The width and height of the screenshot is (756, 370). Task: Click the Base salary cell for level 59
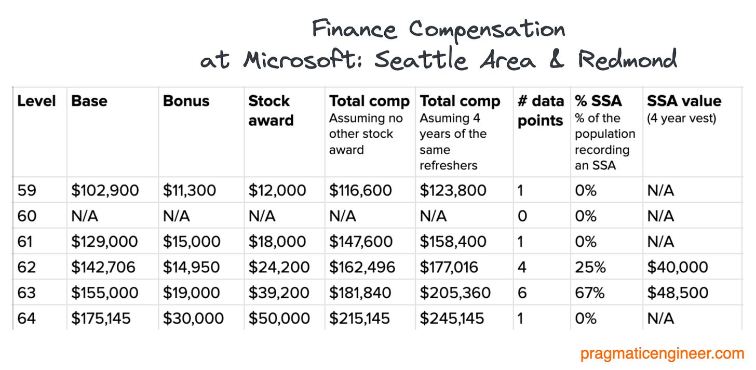coord(105,190)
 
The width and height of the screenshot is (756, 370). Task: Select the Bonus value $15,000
coord(192,242)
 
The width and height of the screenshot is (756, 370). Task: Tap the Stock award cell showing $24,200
coord(279,267)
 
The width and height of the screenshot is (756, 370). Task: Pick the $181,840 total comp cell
coord(360,293)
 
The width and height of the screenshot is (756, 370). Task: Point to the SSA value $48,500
coord(677,293)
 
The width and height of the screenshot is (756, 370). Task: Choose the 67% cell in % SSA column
coord(589,293)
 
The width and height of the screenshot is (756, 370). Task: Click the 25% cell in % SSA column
coord(589,267)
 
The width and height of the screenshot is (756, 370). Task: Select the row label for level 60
coord(27,216)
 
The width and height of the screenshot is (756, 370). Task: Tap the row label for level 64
coord(27,318)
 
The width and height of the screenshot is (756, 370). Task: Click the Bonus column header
coord(186,101)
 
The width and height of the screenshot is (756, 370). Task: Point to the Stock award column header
coord(271,110)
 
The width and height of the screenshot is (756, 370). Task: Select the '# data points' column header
coord(540,110)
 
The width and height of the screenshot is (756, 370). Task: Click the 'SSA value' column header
coord(684,101)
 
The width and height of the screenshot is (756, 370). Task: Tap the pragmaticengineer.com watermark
coord(662,354)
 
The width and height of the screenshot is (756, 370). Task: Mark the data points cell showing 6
coord(522,293)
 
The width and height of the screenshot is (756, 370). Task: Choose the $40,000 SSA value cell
coord(677,267)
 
